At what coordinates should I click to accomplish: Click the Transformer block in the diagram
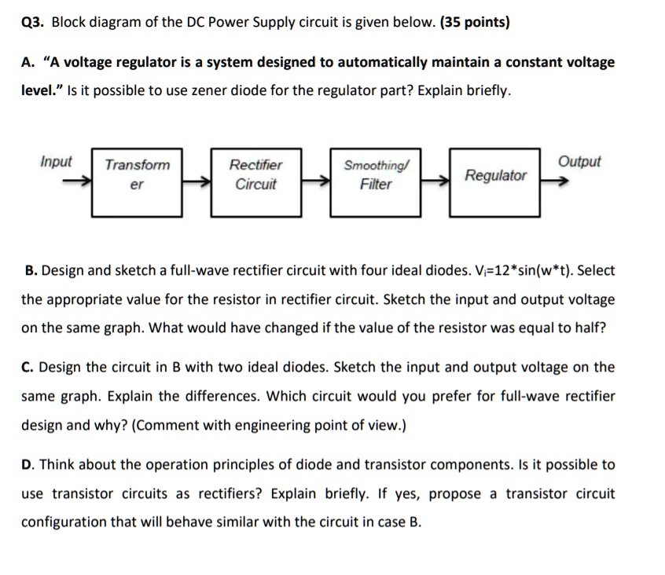pos(138,181)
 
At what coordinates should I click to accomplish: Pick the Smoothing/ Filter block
pos(376,181)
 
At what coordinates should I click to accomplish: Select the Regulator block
pos(495,181)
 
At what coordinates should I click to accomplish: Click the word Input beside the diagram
pos(56,162)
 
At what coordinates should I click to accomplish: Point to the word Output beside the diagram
pos(579,162)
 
